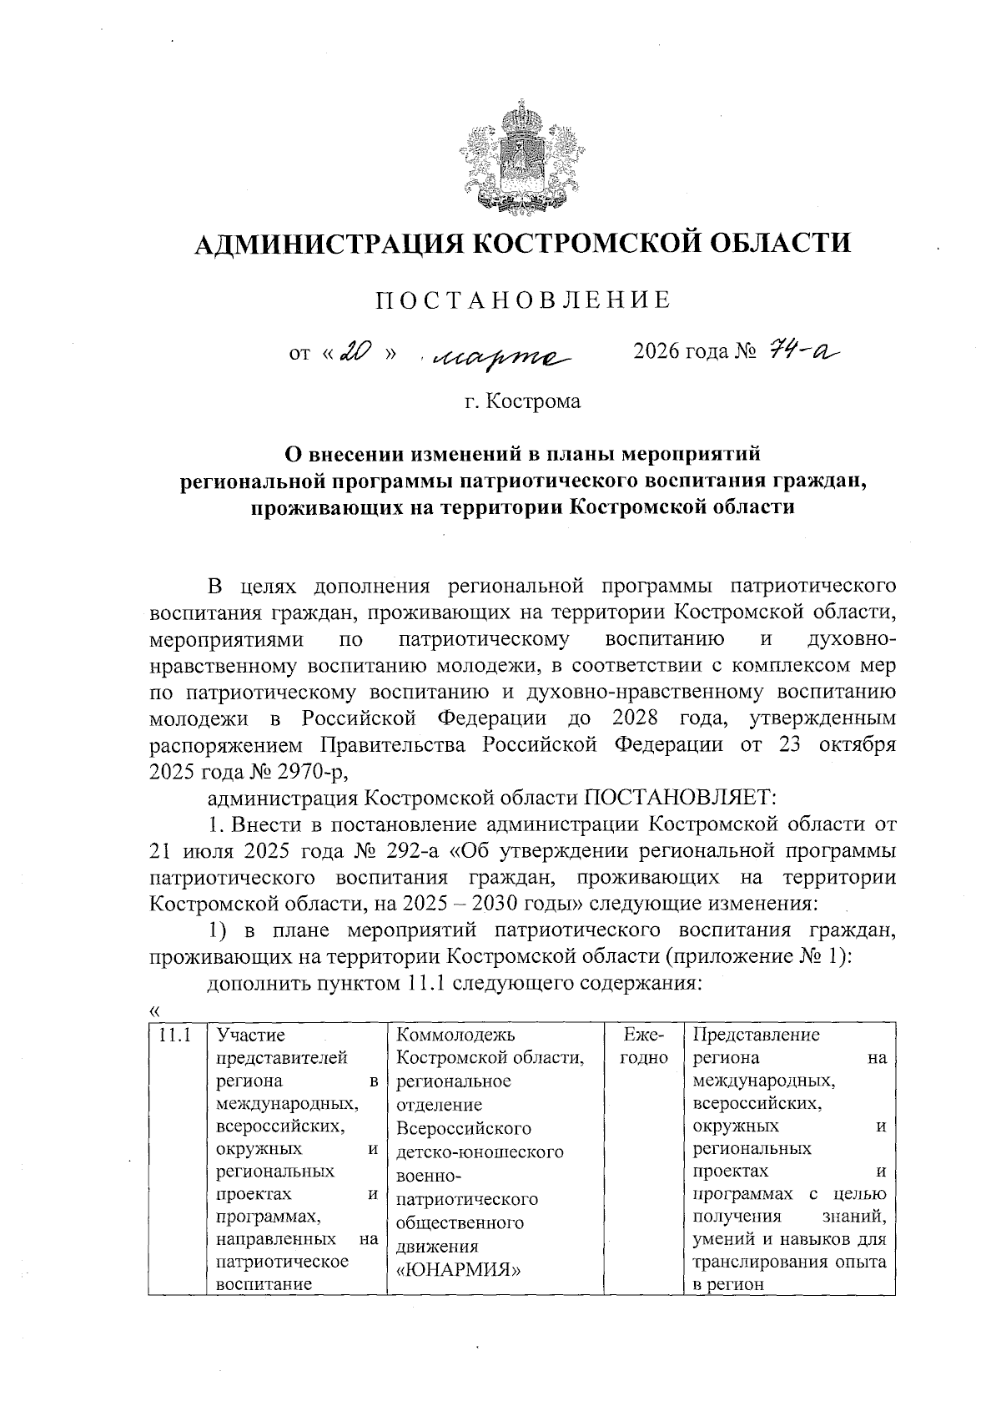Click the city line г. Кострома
(523, 401)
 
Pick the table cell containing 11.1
(175, 1036)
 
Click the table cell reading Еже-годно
(643, 1046)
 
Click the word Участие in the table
(250, 1036)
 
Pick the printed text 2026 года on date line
(680, 353)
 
